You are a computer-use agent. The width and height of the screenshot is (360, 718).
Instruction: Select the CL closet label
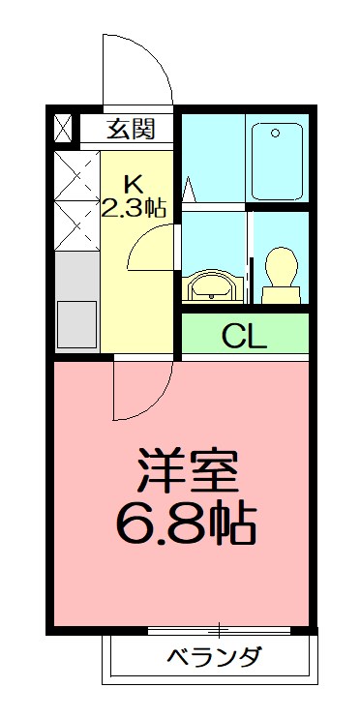(x=245, y=336)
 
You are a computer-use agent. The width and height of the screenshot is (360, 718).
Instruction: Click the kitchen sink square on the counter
(x=76, y=318)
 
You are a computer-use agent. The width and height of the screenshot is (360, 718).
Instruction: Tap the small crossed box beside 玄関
(x=64, y=127)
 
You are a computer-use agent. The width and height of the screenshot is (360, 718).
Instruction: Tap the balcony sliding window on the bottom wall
(x=220, y=630)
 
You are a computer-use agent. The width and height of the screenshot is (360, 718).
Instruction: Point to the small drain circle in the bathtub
(x=277, y=133)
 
